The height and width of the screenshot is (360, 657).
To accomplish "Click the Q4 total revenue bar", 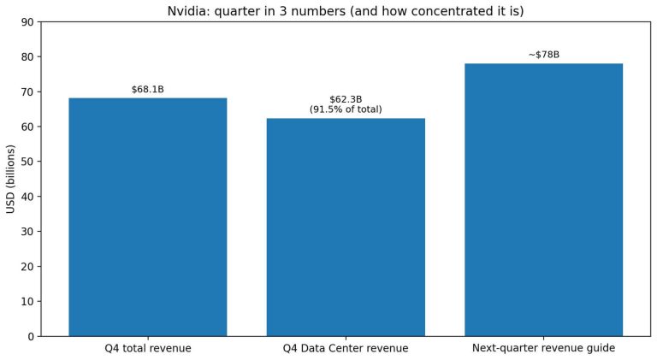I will click(147, 217).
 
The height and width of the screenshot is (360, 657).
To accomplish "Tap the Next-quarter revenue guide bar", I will click(543, 200).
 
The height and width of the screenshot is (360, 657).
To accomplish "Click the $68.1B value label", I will click(147, 90).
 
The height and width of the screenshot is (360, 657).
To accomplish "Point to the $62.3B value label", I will click(346, 99).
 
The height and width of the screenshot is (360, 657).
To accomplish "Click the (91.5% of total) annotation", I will click(346, 109).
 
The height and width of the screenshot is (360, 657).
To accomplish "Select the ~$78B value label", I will click(543, 55).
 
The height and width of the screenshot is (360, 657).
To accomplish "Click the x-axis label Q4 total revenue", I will click(147, 349).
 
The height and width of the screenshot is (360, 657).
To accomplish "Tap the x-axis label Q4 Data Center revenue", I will click(346, 349).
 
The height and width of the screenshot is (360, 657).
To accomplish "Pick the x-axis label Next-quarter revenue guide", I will click(543, 349).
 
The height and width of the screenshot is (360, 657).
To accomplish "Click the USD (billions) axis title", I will click(11, 180).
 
